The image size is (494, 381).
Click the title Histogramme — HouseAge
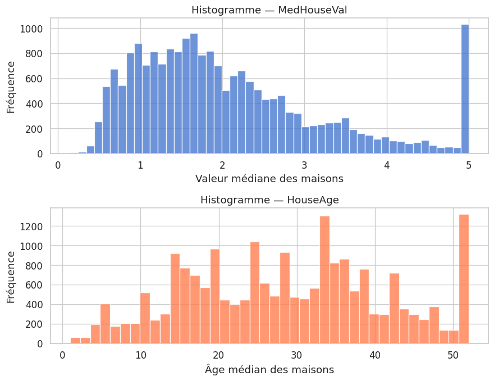point(269,200)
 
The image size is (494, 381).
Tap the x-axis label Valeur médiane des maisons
point(269,179)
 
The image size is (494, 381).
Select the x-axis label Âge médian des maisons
point(269,370)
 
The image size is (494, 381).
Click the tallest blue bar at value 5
point(465,90)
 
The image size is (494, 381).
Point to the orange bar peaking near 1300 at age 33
point(324,280)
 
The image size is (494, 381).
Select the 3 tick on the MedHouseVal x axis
point(305,165)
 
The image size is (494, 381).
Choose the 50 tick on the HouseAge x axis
point(454,355)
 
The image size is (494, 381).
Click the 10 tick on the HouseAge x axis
point(140,355)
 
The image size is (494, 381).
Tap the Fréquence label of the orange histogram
point(11,276)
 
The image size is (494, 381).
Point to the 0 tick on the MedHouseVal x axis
point(58,165)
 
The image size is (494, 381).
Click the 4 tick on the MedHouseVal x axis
point(387,165)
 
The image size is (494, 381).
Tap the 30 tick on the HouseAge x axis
point(297,355)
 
